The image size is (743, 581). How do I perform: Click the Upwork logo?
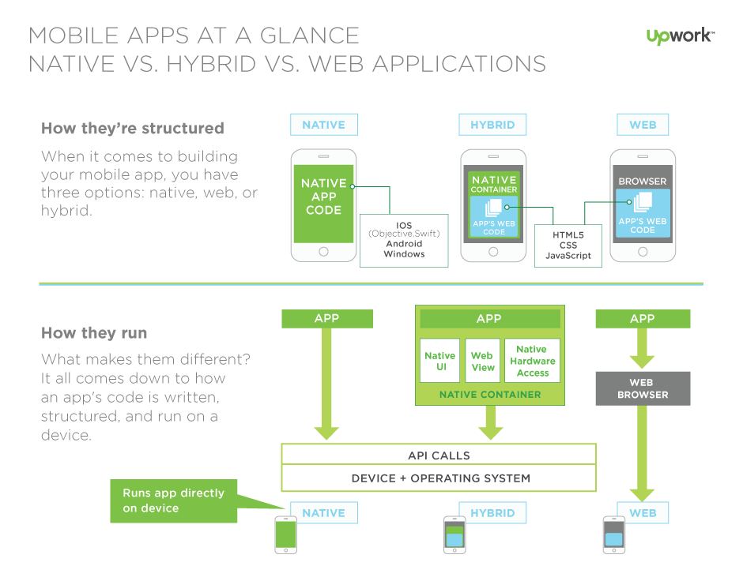coord(680,36)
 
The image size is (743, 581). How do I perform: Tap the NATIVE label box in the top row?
coord(324,125)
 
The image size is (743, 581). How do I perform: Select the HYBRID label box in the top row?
coord(492,125)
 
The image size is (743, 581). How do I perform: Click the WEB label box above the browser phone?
coord(643,125)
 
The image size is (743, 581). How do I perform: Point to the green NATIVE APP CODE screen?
coord(323,203)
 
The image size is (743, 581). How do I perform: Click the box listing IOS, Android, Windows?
coord(404,239)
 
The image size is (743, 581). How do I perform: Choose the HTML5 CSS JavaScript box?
coord(568,246)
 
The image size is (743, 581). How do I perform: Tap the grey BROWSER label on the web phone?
coord(643,182)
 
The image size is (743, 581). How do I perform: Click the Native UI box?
coord(439,361)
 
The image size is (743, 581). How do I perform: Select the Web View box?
coord(482,361)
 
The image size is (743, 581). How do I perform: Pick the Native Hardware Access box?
coord(532,361)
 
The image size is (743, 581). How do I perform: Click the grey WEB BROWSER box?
coord(643,388)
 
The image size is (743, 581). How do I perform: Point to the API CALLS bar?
coord(439,455)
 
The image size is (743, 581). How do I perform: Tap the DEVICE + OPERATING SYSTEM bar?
coord(439,478)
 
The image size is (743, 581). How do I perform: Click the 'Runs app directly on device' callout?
coord(174,500)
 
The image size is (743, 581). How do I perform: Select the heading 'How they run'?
coord(94,332)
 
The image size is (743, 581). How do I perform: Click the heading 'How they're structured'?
coord(133,129)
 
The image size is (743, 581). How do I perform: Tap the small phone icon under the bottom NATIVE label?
coord(285,534)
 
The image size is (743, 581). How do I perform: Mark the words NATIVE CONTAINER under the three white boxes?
coord(490,395)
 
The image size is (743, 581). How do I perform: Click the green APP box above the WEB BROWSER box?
coord(643,318)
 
